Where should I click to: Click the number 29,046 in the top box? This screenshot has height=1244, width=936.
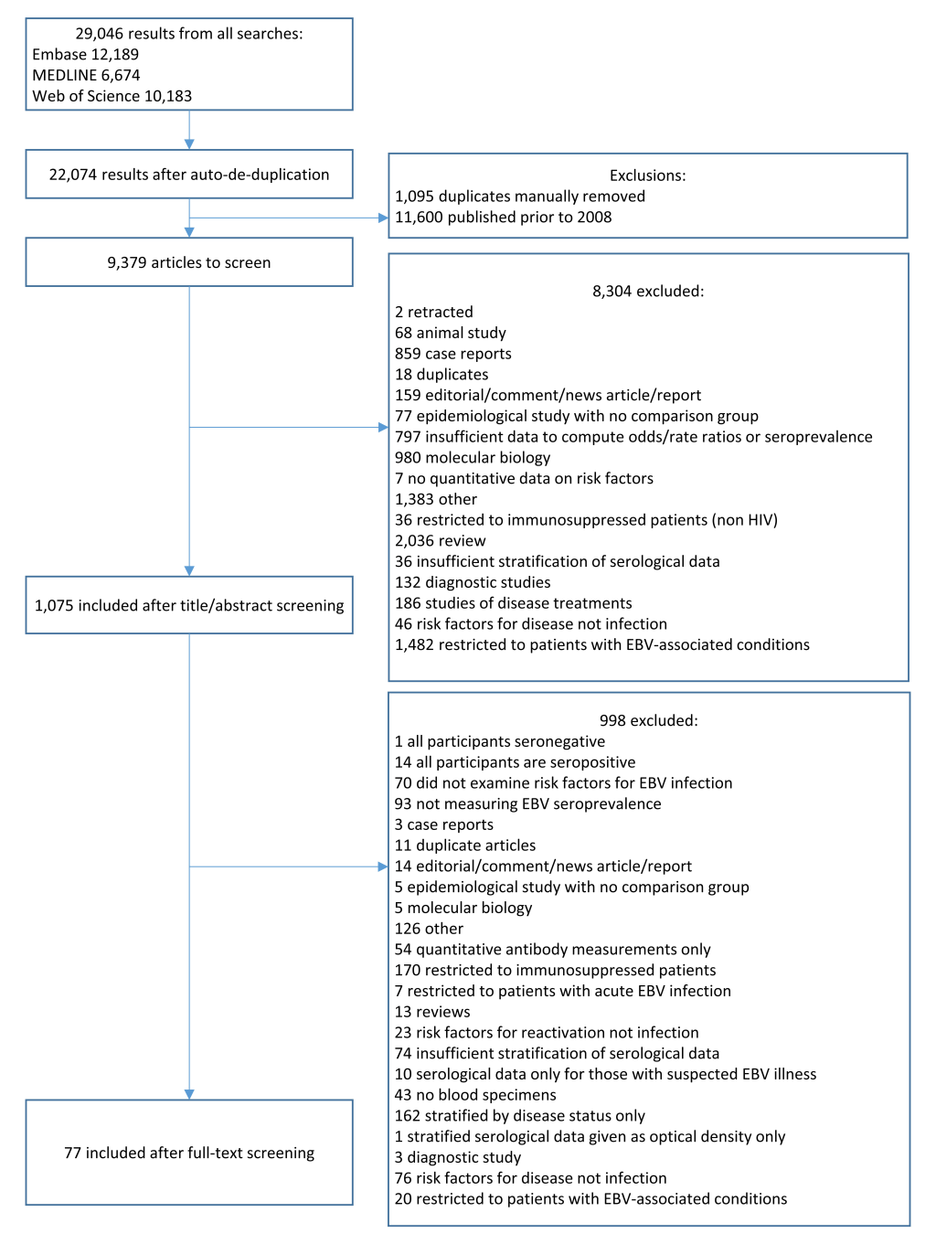pyautogui.click(x=99, y=34)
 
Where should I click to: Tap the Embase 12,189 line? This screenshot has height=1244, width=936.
pyautogui.click(x=86, y=55)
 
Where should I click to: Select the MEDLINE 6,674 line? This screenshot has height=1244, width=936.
pyautogui.click(x=86, y=75)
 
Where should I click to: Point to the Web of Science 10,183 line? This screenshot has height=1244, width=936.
pyautogui.click(x=112, y=96)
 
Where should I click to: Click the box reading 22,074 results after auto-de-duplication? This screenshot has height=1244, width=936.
pyautogui.click(x=189, y=174)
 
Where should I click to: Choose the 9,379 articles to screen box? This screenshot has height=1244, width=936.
pyautogui.click(x=189, y=261)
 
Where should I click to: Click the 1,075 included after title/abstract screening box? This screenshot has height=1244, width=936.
pyautogui.click(x=189, y=605)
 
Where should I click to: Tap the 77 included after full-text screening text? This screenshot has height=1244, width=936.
pyautogui.click(x=189, y=1153)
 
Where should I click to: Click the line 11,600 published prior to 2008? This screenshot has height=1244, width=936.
pyautogui.click(x=503, y=217)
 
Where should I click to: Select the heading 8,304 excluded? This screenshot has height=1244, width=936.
pyautogui.click(x=648, y=292)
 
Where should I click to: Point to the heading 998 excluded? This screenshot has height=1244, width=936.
pyautogui.click(x=649, y=720)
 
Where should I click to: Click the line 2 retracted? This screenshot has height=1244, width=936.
pyautogui.click(x=434, y=312)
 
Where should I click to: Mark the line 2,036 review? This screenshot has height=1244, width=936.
pyautogui.click(x=441, y=541)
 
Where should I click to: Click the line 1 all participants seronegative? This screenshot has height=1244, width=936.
pyautogui.click(x=500, y=741)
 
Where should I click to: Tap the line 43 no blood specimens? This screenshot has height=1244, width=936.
pyautogui.click(x=475, y=1095)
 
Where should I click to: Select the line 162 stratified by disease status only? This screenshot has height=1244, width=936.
pyautogui.click(x=519, y=1115)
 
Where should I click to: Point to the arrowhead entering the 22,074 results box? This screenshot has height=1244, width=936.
pyautogui.click(x=189, y=144)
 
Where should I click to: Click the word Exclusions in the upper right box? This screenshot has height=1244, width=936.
pyautogui.click(x=647, y=175)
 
